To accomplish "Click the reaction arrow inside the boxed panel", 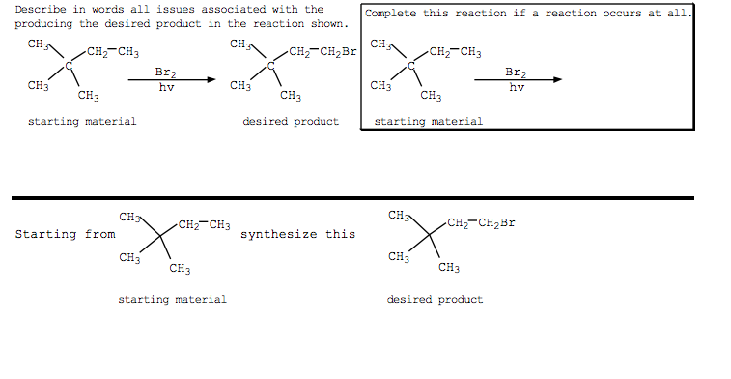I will click(x=517, y=80).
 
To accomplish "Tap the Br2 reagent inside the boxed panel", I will click(x=517, y=72).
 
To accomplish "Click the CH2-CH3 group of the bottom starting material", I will click(x=204, y=225).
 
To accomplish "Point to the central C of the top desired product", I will click(x=271, y=66).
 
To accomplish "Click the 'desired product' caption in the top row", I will click(x=291, y=122).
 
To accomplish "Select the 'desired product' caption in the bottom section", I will click(x=435, y=300).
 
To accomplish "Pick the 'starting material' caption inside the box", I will click(x=428, y=122).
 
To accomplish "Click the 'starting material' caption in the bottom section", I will click(x=172, y=300).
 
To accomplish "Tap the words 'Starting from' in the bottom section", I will click(x=65, y=234).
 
